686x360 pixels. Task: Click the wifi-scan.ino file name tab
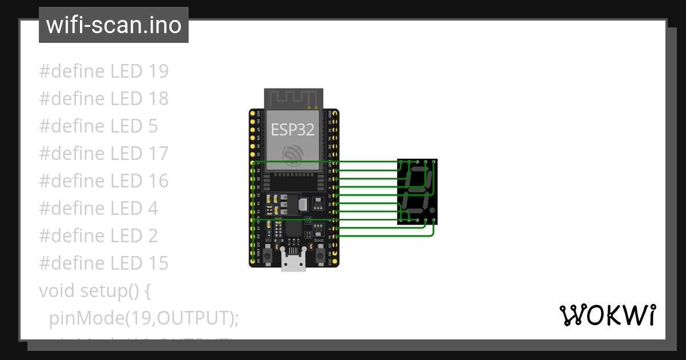click(113, 25)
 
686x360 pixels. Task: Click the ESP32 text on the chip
click(293, 129)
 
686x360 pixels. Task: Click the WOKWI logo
click(607, 315)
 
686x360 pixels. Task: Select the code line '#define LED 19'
click(103, 71)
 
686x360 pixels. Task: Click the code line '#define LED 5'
click(98, 126)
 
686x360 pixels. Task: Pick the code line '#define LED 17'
click(103, 153)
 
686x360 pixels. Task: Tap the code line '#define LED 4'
click(98, 208)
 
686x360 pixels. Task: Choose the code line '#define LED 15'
click(103, 263)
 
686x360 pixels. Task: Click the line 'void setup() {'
click(95, 290)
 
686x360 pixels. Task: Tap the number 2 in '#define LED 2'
click(152, 235)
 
